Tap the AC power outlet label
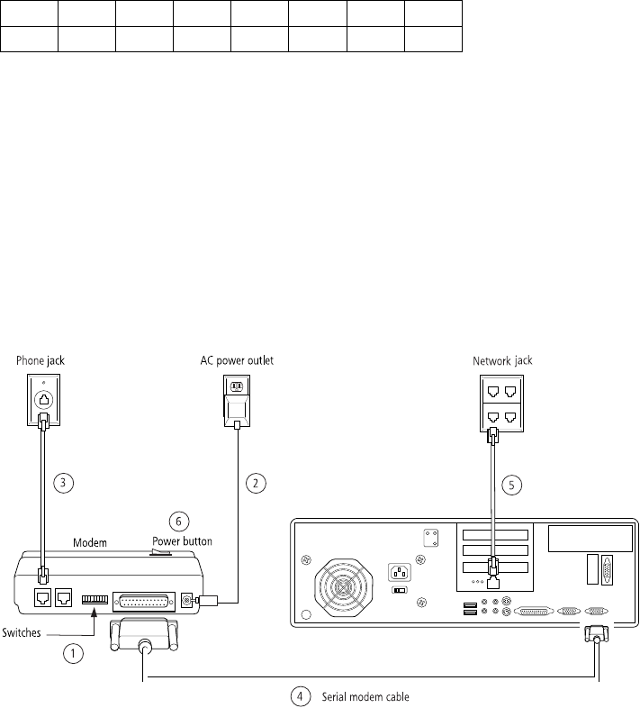coord(237,360)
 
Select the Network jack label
coord(503,360)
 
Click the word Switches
coord(22,633)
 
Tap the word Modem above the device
coord(89,542)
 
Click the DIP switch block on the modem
coord(94,598)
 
